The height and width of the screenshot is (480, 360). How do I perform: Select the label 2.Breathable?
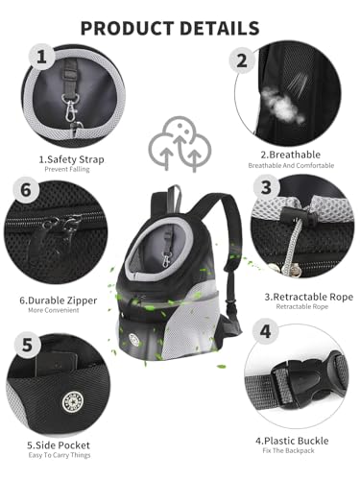tap(291, 152)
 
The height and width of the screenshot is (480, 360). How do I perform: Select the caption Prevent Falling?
tap(74, 170)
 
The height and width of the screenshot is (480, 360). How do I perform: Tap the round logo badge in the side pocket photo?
tap(97, 397)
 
